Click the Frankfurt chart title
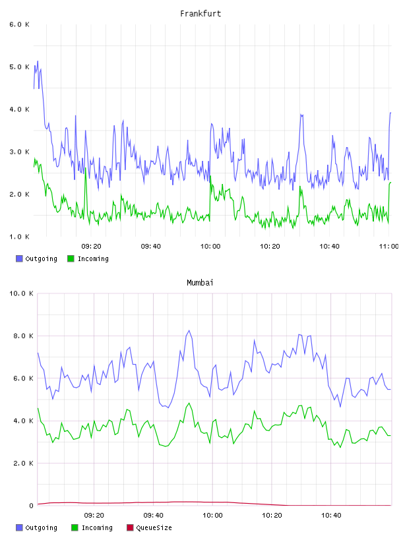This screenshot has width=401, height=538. (x=200, y=13)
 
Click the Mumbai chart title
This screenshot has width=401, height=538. (x=200, y=282)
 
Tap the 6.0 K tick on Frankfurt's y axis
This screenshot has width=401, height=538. (x=20, y=24)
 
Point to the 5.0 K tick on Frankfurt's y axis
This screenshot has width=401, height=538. (x=20, y=67)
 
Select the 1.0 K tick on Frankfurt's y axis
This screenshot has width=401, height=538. (x=20, y=237)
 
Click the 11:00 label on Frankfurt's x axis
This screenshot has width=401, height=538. (x=388, y=246)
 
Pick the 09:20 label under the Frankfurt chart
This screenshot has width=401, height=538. (x=91, y=246)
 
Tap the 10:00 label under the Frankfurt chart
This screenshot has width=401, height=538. (x=210, y=246)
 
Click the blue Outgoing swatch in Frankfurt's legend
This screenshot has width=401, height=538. (x=19, y=258)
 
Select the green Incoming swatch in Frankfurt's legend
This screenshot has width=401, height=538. (x=71, y=258)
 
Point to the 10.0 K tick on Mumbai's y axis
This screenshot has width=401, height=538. (x=21, y=293)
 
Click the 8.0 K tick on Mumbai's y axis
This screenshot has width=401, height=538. (x=23, y=336)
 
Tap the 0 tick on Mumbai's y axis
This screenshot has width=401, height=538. (x=31, y=506)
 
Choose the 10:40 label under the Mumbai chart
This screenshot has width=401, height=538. (x=331, y=515)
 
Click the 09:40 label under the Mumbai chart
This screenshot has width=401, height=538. (x=154, y=515)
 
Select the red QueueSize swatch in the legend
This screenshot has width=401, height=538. (x=130, y=527)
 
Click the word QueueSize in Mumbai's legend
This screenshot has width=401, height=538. (x=154, y=527)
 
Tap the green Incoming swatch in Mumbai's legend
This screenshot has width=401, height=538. (x=75, y=527)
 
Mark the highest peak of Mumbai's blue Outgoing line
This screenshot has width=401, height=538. (x=189, y=330)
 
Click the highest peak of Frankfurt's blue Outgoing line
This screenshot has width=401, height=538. (x=38, y=61)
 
